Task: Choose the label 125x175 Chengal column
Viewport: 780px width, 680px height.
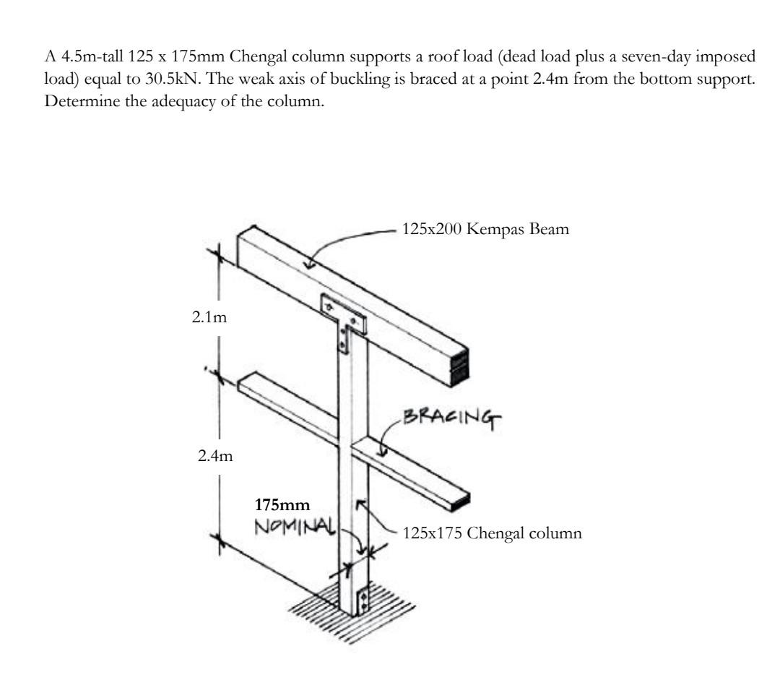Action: click(x=482, y=535)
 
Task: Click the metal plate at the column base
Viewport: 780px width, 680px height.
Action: click(x=363, y=599)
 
